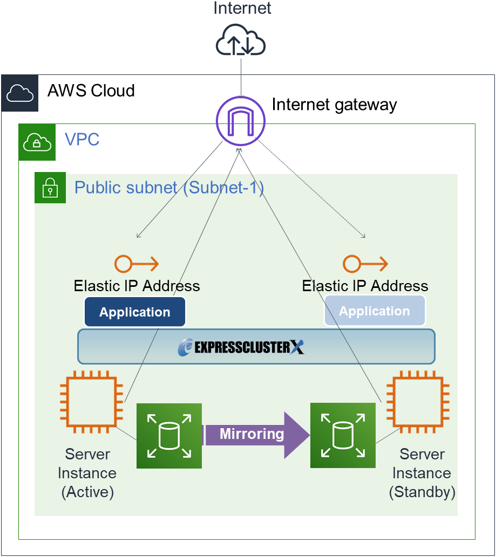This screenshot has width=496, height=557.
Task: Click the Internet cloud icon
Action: point(241,41)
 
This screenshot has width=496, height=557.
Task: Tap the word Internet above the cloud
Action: point(242,9)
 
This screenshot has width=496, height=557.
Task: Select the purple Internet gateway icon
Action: point(240,120)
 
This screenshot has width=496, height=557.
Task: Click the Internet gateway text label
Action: point(334,105)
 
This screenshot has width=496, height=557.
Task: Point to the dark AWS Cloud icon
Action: point(20,93)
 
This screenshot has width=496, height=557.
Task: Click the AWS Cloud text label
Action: point(91,91)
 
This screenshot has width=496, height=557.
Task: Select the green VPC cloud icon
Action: point(37,142)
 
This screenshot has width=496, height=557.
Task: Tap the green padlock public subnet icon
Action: point(50,188)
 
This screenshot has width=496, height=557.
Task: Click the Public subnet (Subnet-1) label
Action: point(169,188)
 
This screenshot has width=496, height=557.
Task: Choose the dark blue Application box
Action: point(135,312)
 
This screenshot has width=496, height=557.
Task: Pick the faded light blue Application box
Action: point(375,311)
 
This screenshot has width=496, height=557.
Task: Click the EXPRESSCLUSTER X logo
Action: point(241,347)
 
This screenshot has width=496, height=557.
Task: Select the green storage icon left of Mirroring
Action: point(169,435)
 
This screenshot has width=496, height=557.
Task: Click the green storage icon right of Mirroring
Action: point(343,435)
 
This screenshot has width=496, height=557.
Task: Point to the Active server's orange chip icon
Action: point(89,402)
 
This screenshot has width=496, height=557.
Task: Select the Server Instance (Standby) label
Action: point(422,473)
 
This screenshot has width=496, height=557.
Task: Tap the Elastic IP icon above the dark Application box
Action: point(137,264)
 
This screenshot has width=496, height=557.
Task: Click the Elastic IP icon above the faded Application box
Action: point(365,264)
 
